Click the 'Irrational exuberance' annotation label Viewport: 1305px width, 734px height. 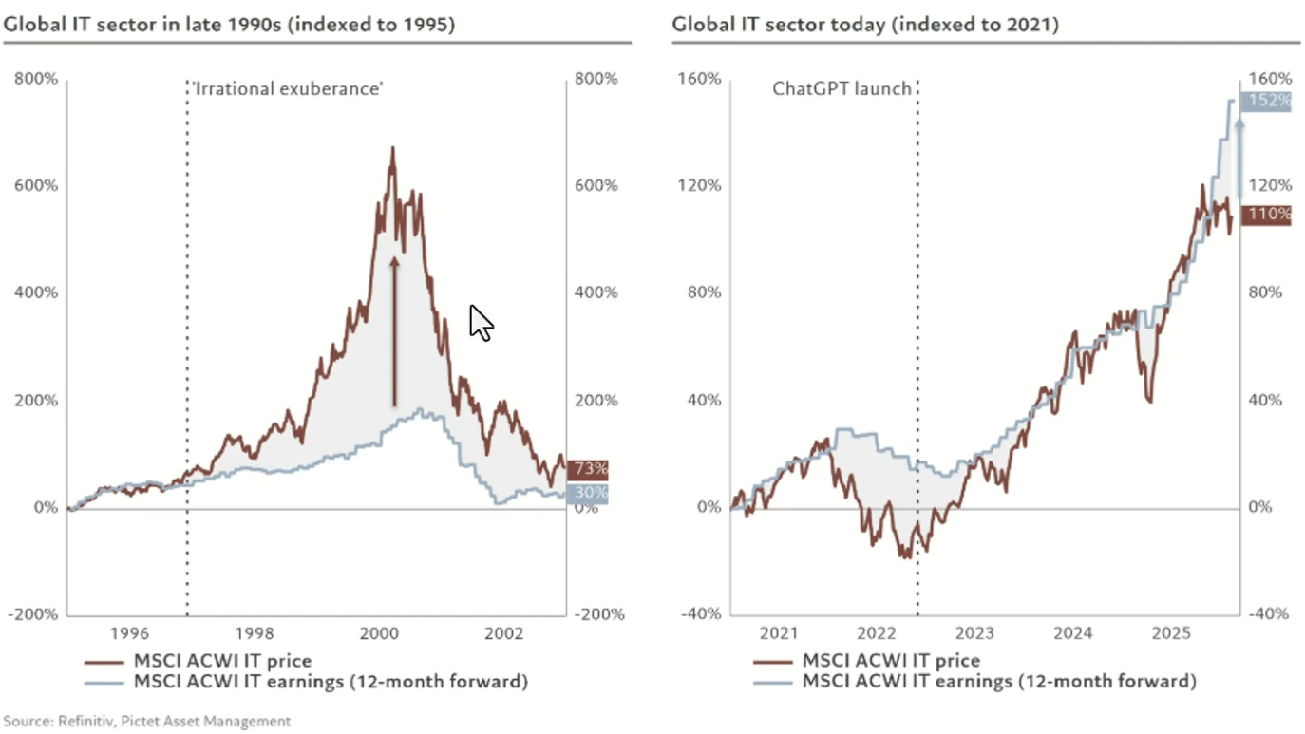point(287,88)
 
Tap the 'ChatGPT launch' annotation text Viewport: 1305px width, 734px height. point(842,88)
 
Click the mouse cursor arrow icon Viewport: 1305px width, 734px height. point(481,322)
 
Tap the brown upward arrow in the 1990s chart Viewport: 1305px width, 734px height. point(394,328)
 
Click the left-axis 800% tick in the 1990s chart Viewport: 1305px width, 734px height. point(36,79)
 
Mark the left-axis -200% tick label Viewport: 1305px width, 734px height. point(33,614)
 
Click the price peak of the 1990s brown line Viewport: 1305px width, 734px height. point(391,149)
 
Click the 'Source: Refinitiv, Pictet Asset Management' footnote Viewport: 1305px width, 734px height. point(147,721)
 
